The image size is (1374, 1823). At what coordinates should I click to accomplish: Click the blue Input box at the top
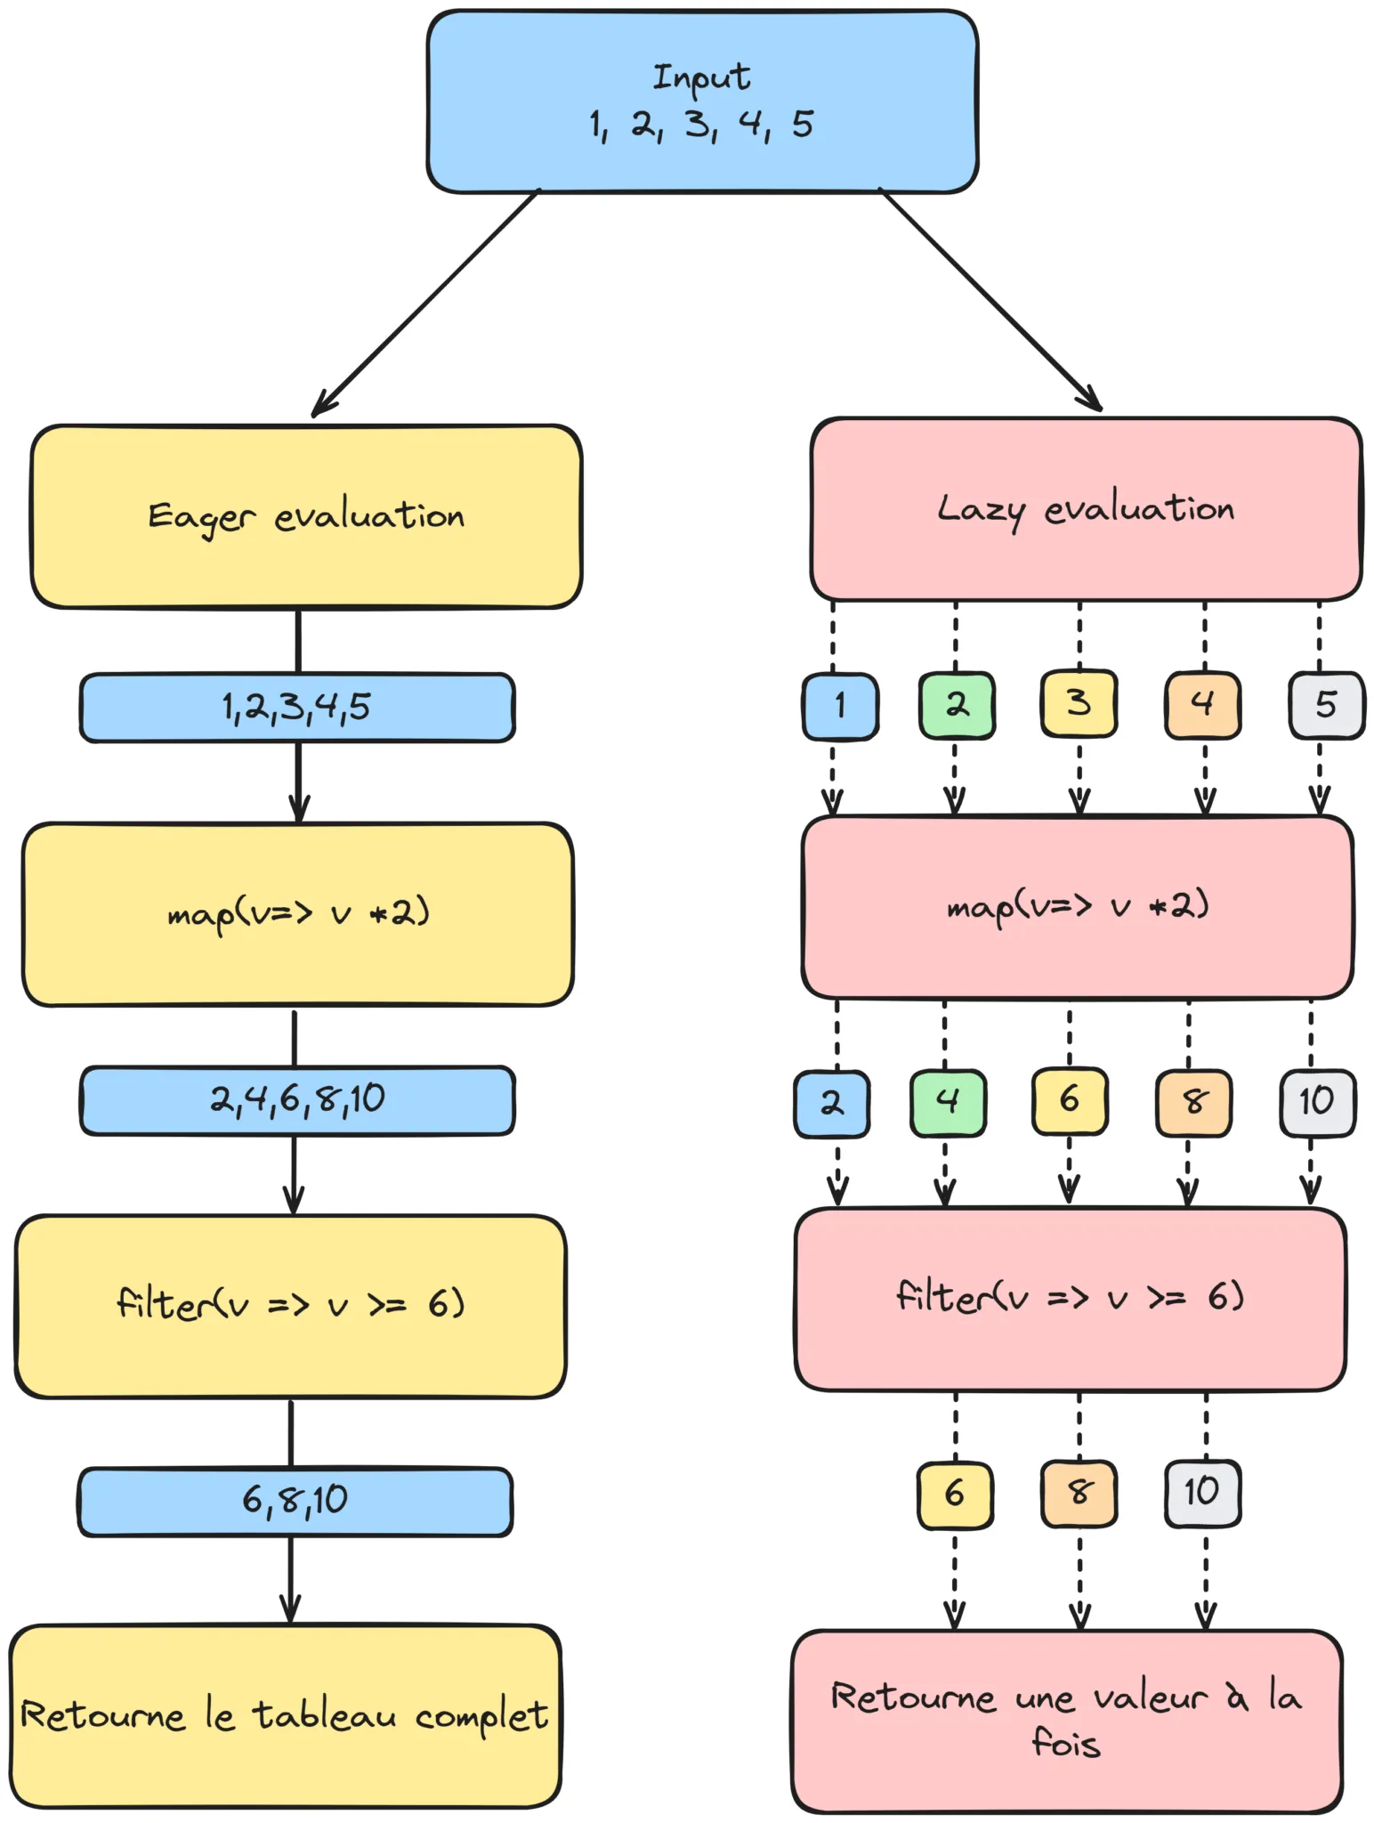point(702,101)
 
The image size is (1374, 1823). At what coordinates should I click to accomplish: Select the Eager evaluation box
point(306,516)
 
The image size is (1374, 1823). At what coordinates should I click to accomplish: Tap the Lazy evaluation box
point(1086,509)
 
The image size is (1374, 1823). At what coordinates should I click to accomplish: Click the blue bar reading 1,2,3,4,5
point(297,708)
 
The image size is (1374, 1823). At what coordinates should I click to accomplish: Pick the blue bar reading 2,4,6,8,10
point(297,1100)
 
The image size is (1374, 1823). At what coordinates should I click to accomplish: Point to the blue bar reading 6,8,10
point(295,1501)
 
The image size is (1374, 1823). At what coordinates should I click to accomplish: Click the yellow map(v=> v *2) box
point(297,914)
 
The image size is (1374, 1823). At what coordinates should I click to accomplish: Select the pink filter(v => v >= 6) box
point(1070,1299)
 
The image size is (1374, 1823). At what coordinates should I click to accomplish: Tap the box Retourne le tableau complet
point(285,1715)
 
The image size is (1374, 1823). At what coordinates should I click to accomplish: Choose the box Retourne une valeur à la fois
point(1066,1721)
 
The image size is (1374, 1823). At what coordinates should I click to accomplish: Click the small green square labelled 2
point(957,705)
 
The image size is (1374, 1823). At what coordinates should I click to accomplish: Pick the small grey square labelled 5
point(1326,705)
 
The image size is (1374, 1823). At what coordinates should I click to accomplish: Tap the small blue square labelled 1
point(840,706)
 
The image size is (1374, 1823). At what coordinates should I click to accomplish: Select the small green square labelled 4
point(948,1103)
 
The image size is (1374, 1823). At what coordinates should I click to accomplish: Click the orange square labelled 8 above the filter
point(1193,1103)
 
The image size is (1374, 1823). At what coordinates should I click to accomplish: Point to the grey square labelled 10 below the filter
point(1202,1493)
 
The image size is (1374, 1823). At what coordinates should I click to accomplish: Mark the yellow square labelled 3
point(1079,704)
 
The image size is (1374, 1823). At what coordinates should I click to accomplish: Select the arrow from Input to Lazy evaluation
point(990,299)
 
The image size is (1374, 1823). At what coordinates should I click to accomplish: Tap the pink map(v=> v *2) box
point(1077,907)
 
